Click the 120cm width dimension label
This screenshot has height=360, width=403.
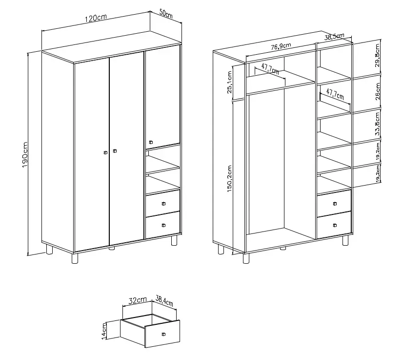pyautogui.click(x=96, y=18)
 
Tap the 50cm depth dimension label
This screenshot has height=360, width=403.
pyautogui.click(x=166, y=14)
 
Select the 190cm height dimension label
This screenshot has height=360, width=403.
pyautogui.click(x=25, y=155)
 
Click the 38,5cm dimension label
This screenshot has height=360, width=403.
pyautogui.click(x=334, y=37)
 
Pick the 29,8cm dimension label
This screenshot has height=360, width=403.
pyautogui.click(x=377, y=55)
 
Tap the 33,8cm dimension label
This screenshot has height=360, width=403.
pyautogui.click(x=377, y=124)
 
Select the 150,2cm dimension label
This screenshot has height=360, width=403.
pyautogui.click(x=229, y=179)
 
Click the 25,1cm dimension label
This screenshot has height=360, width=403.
pyautogui.click(x=229, y=82)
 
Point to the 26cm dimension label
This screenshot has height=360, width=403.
pyautogui.click(x=377, y=91)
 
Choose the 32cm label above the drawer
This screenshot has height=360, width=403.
pyautogui.click(x=138, y=300)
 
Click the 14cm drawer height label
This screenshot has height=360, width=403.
pyautogui.click(x=104, y=331)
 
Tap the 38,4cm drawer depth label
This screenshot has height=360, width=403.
pyautogui.click(x=164, y=301)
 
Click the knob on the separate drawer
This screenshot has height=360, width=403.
pyautogui.click(x=163, y=334)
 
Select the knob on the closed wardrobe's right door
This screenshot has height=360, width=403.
pyautogui.click(x=151, y=142)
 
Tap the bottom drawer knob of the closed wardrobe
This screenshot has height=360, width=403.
pyautogui.click(x=163, y=225)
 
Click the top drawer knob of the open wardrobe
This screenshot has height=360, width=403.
pyautogui.click(x=335, y=204)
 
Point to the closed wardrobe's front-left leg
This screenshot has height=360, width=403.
pyautogui.click(x=75, y=258)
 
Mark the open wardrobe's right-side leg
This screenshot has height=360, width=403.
pyautogui.click(x=345, y=241)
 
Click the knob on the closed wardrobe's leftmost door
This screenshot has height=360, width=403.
pyautogui.click(x=105, y=152)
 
